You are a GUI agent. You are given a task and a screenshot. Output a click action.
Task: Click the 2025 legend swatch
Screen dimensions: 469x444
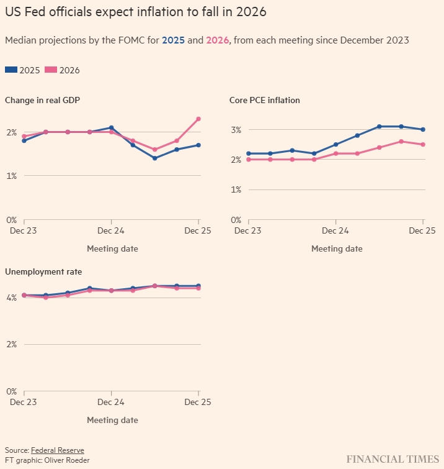click(11, 70)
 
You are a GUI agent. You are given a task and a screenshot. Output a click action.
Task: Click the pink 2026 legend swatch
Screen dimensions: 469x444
click(51, 70)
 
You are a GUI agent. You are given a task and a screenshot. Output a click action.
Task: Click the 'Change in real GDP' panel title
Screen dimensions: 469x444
click(42, 99)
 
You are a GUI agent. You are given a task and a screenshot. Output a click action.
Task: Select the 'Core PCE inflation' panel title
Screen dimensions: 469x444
click(264, 99)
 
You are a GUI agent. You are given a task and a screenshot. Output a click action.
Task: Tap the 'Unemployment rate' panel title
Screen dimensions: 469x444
click(43, 271)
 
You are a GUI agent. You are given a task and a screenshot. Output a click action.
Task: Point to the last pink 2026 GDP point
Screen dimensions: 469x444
click(198, 119)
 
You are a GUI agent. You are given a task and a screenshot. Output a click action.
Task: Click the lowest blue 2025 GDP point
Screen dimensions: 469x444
click(154, 158)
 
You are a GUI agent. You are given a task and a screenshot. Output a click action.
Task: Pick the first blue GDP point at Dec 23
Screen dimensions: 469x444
click(24, 140)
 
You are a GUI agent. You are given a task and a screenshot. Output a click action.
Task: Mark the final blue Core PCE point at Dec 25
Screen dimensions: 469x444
click(423, 129)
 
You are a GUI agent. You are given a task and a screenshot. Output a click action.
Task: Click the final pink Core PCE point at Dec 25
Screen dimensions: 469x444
click(423, 144)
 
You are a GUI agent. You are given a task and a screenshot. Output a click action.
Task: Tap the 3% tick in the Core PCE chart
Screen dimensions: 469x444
click(236, 129)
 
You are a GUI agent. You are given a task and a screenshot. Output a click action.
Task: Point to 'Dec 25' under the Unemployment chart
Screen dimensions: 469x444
click(198, 403)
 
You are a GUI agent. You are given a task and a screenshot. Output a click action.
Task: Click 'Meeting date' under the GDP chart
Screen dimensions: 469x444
click(112, 248)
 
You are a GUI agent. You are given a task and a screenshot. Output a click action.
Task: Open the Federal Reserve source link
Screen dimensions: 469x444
click(57, 450)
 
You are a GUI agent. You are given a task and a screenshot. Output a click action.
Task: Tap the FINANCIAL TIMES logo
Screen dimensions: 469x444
click(392, 459)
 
